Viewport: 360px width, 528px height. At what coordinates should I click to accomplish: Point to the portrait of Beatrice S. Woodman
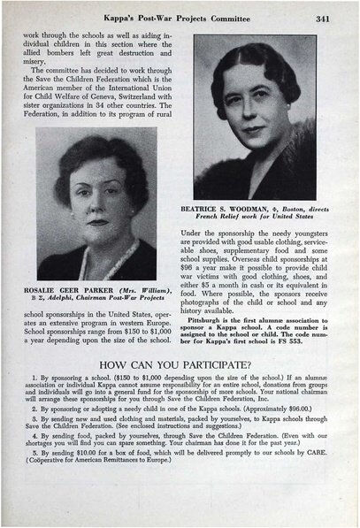[x=255, y=118]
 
